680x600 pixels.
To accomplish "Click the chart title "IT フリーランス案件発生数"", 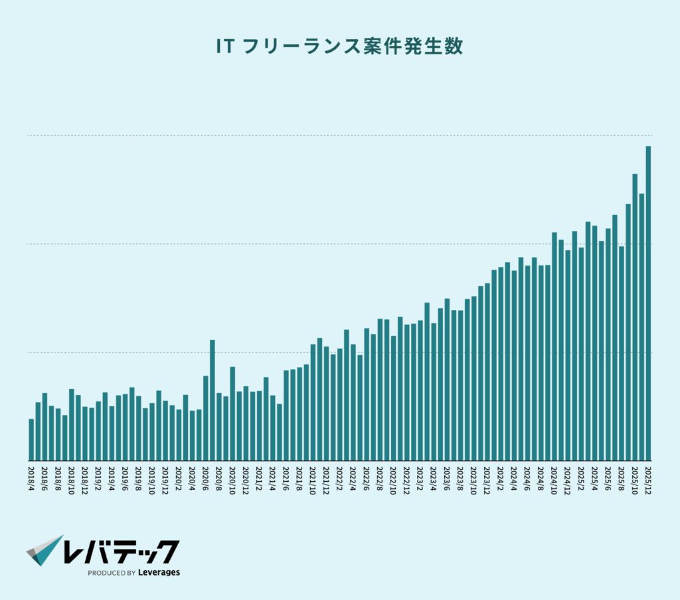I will [339, 47].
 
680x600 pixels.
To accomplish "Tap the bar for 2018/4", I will [31, 440].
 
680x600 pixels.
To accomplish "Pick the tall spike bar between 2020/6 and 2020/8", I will [212, 400].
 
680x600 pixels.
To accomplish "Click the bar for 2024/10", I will [554, 346].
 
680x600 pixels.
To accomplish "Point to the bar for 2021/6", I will [286, 415].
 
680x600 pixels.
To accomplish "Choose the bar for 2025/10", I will [635, 317].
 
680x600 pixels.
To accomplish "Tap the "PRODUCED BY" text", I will [112, 573].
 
